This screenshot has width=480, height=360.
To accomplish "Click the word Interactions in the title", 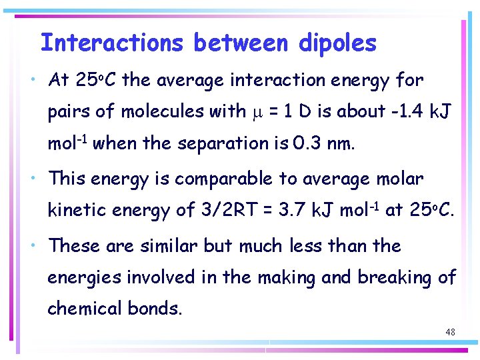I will pos(111,43).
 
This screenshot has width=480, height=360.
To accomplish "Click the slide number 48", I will pos(450,331).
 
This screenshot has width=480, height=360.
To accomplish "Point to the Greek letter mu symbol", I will pos(260,113).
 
